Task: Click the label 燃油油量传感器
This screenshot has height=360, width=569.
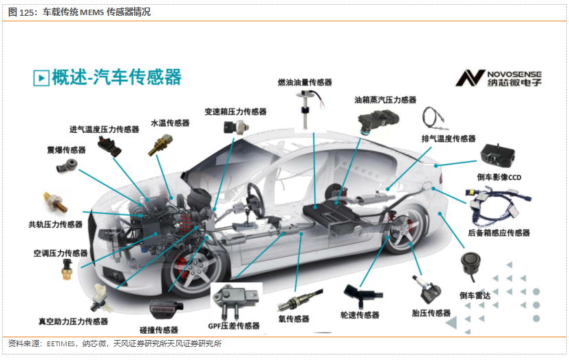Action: point(304,82)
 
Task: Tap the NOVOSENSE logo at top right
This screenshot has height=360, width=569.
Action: point(499,77)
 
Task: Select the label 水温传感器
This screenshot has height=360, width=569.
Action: point(170,123)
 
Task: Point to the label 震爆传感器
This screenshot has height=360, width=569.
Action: point(66,149)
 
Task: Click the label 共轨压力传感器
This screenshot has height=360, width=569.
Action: point(55,224)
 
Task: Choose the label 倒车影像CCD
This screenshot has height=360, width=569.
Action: point(500,178)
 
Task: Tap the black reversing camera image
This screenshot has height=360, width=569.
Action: point(497,157)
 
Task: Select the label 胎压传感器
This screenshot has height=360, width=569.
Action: point(431,313)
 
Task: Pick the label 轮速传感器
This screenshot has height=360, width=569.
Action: point(359,315)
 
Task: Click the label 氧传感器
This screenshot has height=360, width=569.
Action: point(294,319)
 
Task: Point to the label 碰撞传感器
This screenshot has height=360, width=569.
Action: point(159,330)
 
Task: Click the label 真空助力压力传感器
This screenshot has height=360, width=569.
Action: point(73,321)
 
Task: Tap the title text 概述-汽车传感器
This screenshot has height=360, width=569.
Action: point(116,76)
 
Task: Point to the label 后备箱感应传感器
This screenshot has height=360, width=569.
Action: point(499,233)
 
